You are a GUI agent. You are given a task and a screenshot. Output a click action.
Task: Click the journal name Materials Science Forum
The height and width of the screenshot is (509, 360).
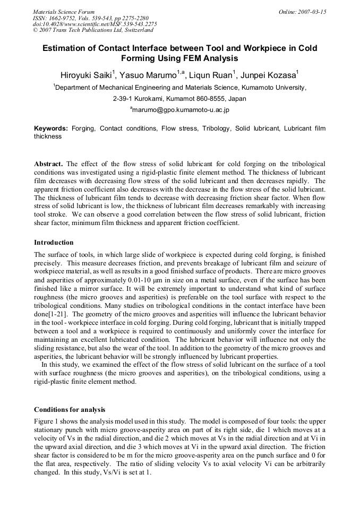[x=64, y=12]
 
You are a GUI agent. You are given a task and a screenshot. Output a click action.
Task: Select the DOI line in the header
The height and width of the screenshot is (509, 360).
[x=95, y=24]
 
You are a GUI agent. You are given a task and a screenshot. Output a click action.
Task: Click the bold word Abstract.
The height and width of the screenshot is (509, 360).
[x=48, y=164]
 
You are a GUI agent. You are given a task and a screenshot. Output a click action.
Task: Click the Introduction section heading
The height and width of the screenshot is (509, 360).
[x=54, y=243]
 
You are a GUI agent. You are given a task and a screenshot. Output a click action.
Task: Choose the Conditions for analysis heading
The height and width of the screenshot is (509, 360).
[x=70, y=410]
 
